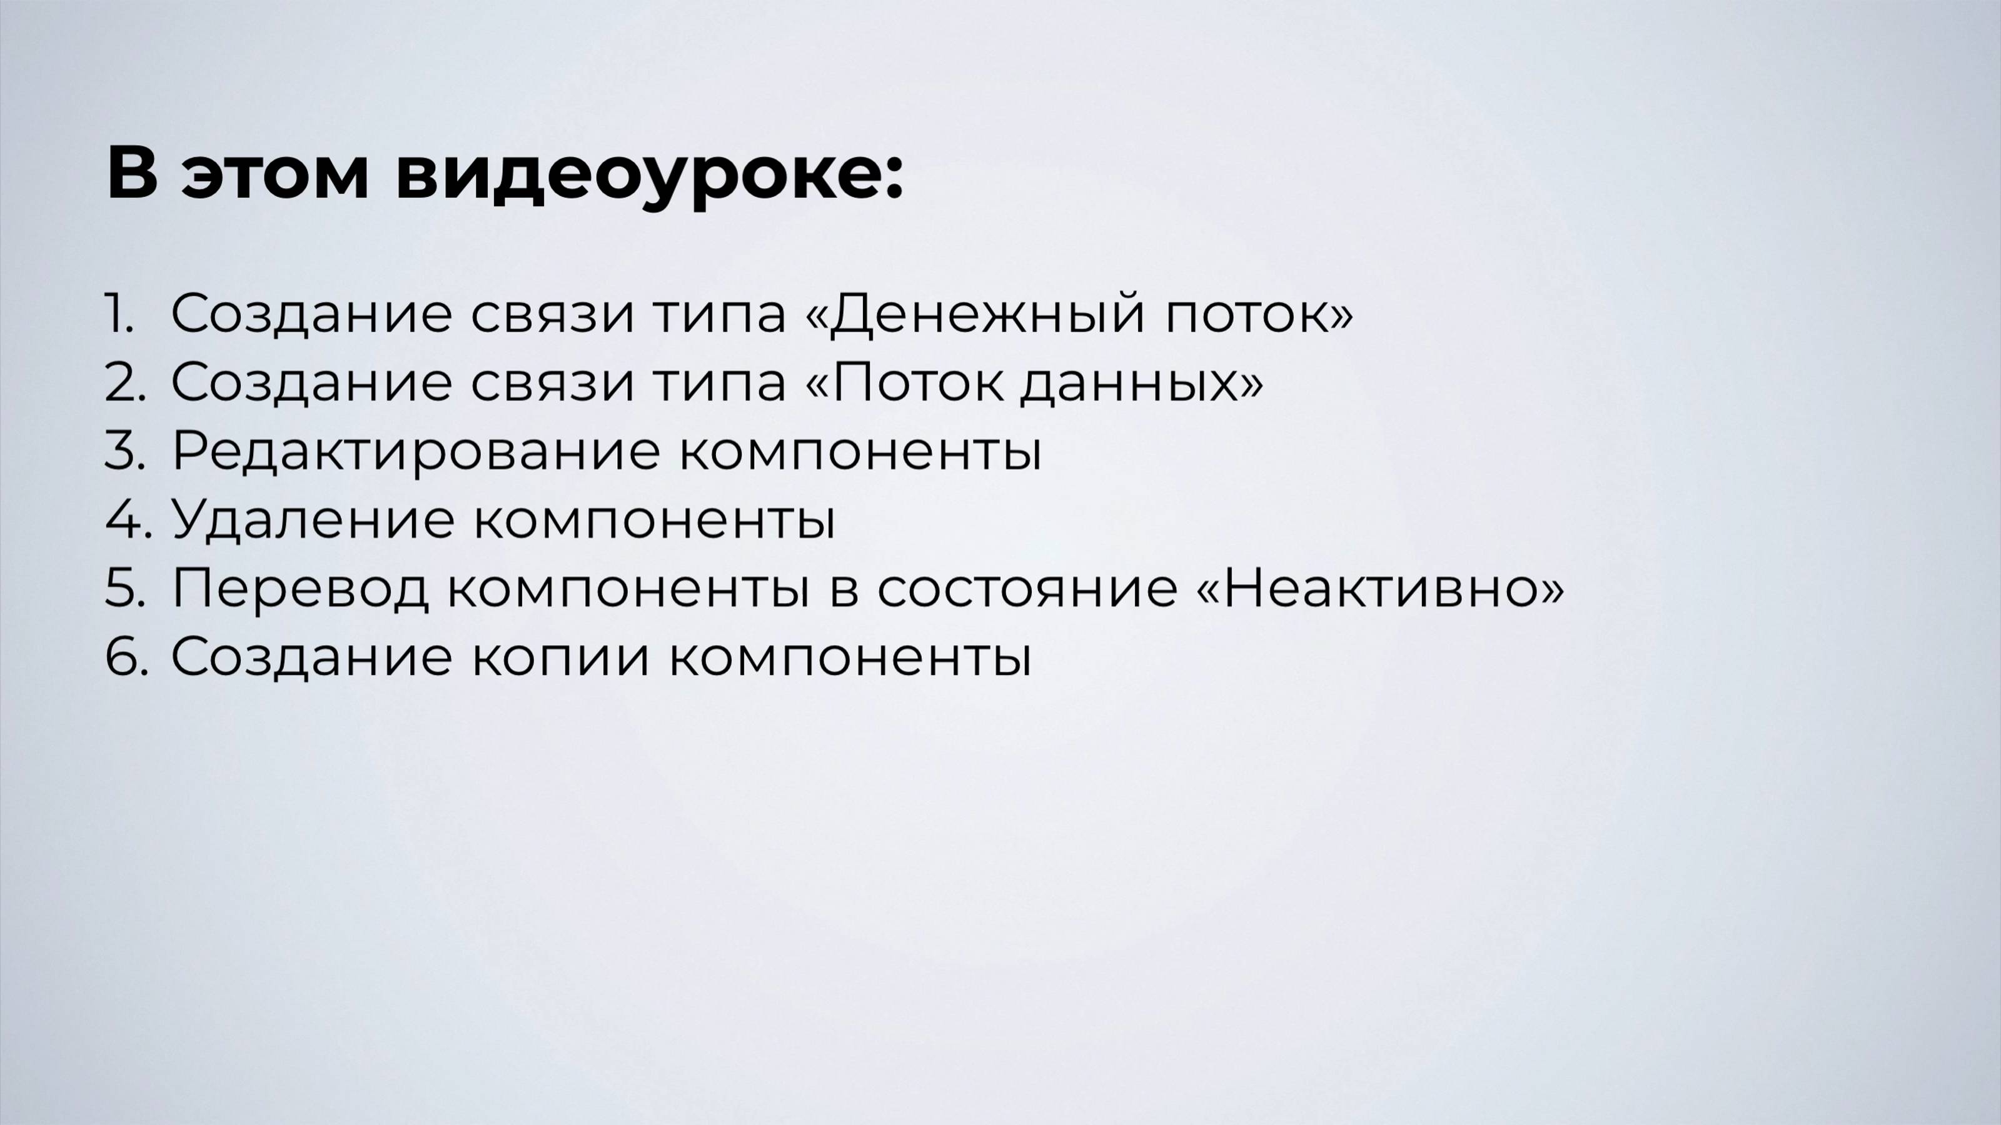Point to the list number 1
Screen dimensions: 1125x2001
coord(119,314)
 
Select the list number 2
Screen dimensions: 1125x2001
coord(124,382)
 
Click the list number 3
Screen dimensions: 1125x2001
coord(124,450)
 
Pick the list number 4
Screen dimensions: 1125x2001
coord(126,519)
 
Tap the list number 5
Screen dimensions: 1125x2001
coord(124,587)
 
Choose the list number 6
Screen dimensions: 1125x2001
coord(125,656)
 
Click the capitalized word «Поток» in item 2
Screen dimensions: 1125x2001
coord(917,382)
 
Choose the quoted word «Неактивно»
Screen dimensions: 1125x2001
coord(1379,587)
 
